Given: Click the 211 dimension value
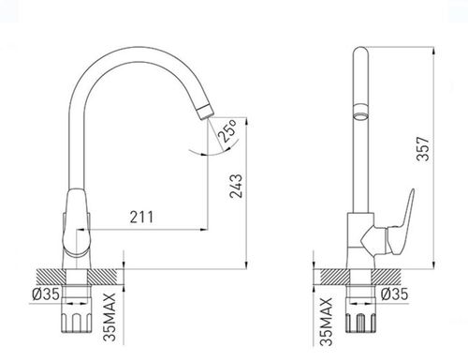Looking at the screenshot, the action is [141, 217].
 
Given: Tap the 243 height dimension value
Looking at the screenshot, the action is [236, 186].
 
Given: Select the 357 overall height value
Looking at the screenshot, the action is [423, 148].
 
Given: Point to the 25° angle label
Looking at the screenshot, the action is [228, 130].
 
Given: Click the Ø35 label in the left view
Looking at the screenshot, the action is [46, 294].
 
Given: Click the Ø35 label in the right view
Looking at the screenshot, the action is [394, 294].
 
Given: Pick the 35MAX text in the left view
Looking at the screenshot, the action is [110, 317].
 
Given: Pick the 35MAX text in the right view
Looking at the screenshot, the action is [327, 322].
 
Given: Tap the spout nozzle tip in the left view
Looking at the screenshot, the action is [206, 112].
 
